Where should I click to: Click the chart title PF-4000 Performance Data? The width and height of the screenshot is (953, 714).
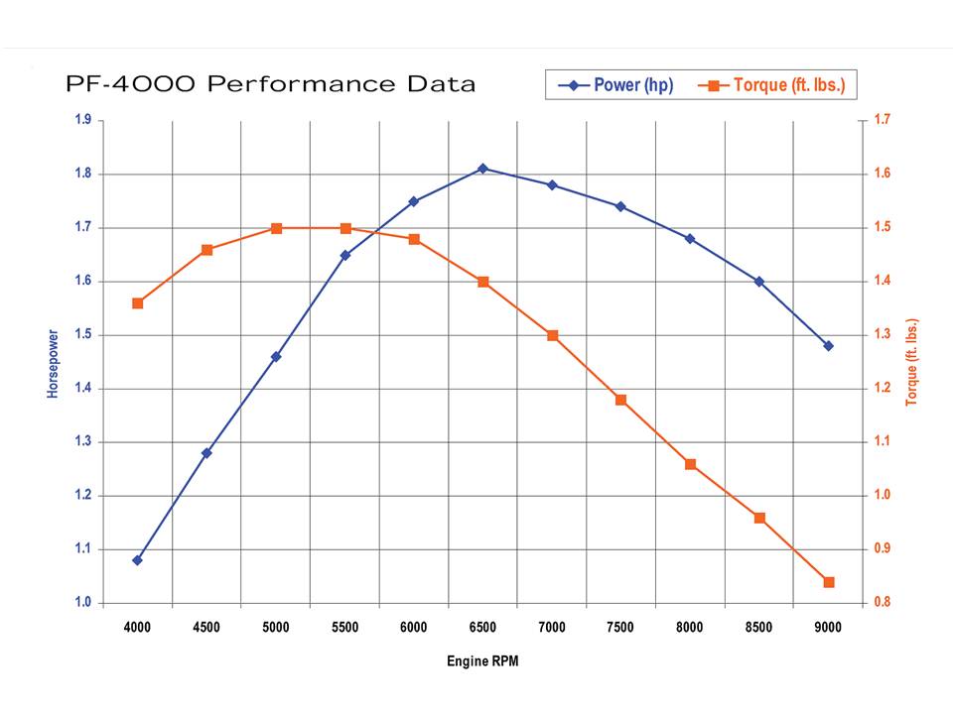(270, 84)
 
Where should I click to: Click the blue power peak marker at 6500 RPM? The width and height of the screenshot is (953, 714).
(482, 169)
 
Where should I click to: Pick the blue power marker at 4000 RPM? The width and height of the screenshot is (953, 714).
(138, 560)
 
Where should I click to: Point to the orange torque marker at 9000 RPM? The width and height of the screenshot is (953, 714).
(828, 582)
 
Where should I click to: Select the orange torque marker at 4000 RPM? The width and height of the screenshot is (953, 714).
(138, 303)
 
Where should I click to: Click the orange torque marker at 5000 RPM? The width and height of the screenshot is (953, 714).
(276, 228)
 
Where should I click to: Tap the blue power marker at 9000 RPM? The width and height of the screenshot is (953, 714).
(828, 346)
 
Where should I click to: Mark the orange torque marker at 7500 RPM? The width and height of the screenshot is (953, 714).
(620, 400)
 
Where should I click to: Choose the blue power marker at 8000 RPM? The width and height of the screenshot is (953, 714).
(690, 239)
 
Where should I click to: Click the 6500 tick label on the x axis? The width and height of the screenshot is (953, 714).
(482, 627)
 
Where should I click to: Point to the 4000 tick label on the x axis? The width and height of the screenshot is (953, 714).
(138, 627)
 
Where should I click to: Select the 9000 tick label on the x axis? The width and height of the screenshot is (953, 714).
(828, 627)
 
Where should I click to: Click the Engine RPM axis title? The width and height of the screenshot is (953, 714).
(482, 661)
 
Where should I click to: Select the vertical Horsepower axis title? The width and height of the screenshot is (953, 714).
(54, 364)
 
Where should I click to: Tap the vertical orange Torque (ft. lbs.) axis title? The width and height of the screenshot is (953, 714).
(911, 362)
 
